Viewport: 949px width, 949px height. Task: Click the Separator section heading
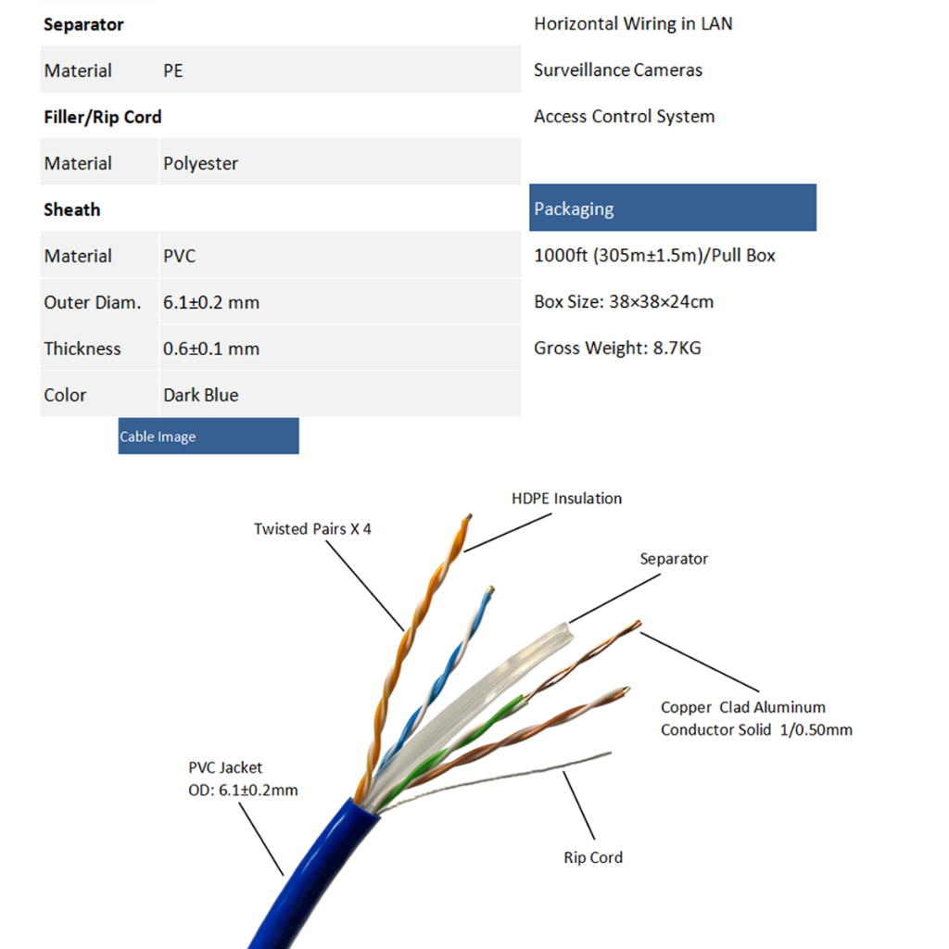83,25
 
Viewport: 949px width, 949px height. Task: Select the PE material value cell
173,71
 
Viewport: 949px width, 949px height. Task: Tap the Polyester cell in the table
200,164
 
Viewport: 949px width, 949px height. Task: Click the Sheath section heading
71,210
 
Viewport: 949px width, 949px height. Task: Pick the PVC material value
179,257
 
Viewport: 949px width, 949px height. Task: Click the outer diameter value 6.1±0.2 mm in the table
210,303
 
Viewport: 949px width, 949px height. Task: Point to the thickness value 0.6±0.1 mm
210,349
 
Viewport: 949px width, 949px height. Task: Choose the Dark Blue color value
200,396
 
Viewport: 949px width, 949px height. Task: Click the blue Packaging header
672,208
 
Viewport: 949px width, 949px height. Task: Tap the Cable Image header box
208,437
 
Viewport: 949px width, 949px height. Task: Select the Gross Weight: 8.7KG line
617,348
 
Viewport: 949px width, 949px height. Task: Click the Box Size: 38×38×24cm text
623,302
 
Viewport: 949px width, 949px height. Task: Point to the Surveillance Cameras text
617,70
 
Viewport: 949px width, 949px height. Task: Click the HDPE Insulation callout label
566,499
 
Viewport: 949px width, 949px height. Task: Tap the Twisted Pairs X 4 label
312,529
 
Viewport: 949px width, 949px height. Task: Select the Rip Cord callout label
593,858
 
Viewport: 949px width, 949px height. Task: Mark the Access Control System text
624,117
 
